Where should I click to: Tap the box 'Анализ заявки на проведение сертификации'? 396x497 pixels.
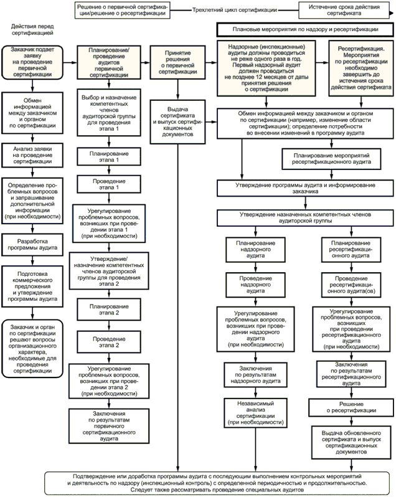coord(35,154)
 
